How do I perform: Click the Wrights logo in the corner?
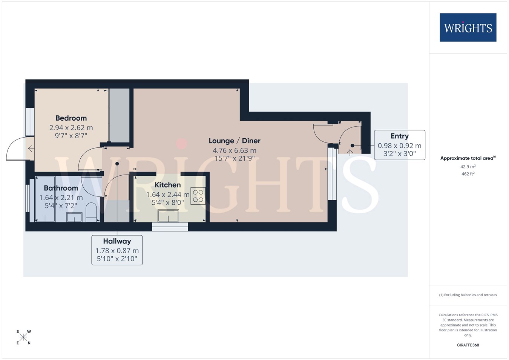point(468,28)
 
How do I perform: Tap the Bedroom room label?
point(71,118)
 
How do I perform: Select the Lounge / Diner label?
point(235,141)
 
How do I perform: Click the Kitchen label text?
point(168,185)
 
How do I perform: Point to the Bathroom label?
point(61,188)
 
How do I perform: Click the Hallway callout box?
point(117,250)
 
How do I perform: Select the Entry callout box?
point(400,145)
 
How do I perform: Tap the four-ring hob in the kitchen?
point(198,196)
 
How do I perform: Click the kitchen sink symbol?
point(169,216)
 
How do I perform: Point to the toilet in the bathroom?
point(91,212)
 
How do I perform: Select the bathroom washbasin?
point(74,217)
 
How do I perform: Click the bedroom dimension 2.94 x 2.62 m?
point(71,128)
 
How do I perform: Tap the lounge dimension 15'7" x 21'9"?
point(235,158)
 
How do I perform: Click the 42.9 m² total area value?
point(468,167)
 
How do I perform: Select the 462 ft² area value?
point(468,174)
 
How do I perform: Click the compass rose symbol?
point(23,337)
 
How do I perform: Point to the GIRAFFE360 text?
point(468,345)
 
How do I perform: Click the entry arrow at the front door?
point(350,153)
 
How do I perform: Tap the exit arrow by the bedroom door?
point(31,149)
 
